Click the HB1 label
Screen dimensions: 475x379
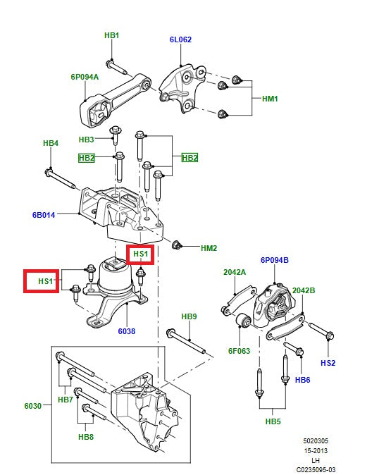point(111,35)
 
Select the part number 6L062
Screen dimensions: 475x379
point(180,40)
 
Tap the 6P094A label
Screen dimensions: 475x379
point(85,77)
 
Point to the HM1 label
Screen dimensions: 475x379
point(270,99)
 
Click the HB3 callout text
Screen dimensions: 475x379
point(87,140)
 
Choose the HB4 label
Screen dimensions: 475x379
point(51,143)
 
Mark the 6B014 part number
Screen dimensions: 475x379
point(44,214)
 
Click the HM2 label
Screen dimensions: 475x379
point(209,248)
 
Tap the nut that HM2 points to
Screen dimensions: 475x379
point(178,245)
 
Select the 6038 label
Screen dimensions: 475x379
point(127,331)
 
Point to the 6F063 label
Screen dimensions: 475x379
point(239,350)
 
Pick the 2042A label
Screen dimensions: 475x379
point(235,271)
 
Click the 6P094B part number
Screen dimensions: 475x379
point(275,260)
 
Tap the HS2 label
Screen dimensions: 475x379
point(328,363)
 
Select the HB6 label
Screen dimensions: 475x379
point(302,380)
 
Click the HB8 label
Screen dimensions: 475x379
point(86,437)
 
